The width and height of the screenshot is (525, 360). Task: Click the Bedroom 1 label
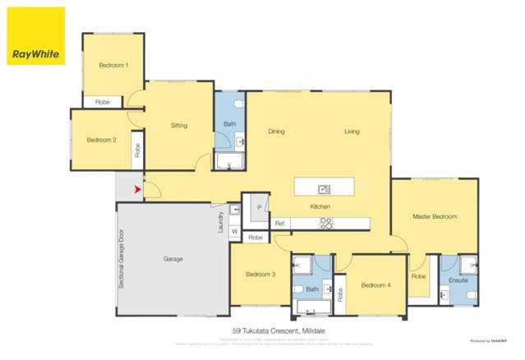(x=113, y=64)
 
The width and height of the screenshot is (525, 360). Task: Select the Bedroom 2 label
(x=101, y=140)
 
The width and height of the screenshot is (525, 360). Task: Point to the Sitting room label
(x=179, y=126)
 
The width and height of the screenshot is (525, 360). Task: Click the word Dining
(x=276, y=132)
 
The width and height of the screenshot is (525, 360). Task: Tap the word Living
(x=352, y=132)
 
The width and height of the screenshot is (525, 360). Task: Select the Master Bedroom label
(x=435, y=217)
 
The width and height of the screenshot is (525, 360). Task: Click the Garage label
(x=173, y=259)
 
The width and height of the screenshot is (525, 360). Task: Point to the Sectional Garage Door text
(x=122, y=259)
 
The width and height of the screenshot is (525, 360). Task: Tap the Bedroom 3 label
(x=260, y=274)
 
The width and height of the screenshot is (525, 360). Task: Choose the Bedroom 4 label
(x=375, y=284)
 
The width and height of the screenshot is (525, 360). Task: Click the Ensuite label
(x=458, y=280)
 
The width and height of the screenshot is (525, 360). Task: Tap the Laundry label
(x=221, y=221)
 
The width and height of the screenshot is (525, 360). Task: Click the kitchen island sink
(x=325, y=189)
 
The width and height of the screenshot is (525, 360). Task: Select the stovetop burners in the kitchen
(x=326, y=221)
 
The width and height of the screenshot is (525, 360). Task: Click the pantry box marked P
(x=259, y=208)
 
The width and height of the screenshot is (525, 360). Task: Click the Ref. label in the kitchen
(x=280, y=222)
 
